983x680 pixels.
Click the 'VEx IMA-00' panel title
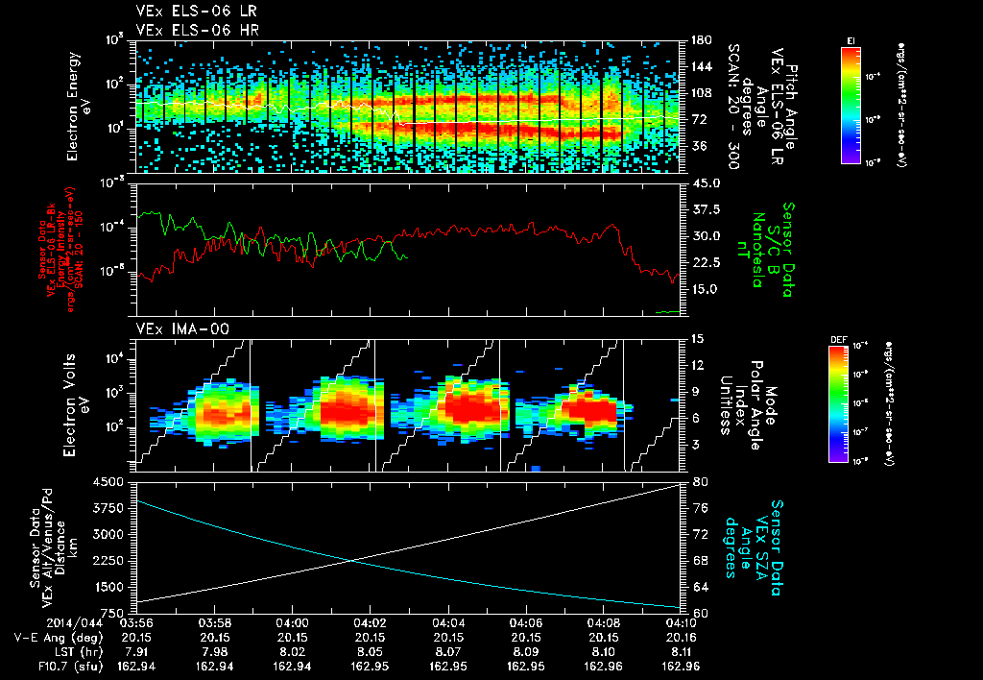170,329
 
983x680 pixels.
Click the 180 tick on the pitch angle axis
700,40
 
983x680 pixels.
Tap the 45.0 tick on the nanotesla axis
706,182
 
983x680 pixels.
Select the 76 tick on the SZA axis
700,508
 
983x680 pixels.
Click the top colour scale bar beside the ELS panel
851,104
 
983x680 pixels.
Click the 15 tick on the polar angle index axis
699,339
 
